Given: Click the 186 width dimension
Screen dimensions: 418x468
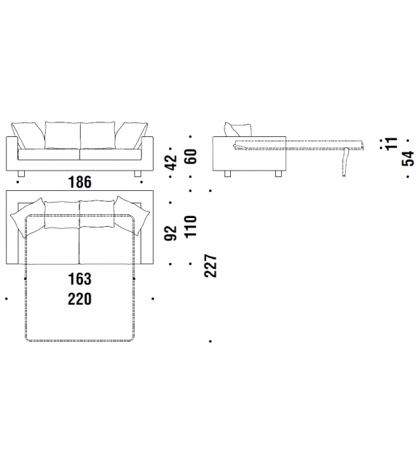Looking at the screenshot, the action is click(79, 182).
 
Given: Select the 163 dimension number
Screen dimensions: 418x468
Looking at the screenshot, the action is click(79, 279).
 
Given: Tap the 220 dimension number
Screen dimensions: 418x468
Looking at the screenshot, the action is click(79, 299).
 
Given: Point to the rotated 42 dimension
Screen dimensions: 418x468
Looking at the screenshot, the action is click(171, 163).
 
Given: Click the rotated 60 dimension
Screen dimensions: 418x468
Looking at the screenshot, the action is click(191, 156).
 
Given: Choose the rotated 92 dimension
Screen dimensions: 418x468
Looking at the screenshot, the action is click(171, 233).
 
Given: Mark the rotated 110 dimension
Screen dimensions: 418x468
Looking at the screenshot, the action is click(191, 227).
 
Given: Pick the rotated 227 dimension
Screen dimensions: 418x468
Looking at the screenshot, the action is click(210, 266).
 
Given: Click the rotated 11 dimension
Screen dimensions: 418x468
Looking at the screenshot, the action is click(392, 144).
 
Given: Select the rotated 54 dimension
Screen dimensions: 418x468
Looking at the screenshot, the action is click(408, 158).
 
